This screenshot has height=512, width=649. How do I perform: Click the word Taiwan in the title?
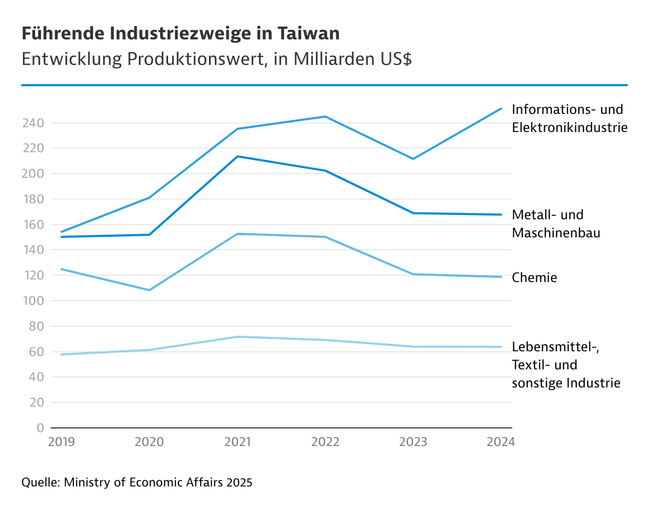309,34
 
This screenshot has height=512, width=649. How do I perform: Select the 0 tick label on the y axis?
40,428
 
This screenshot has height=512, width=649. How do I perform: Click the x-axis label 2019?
62,442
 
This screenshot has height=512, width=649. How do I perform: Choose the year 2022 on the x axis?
325,442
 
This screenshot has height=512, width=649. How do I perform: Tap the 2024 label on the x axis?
501,442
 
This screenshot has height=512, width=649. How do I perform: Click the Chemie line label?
534,277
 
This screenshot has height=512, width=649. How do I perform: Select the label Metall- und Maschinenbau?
555,224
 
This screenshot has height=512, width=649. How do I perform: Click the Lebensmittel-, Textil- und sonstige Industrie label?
565,365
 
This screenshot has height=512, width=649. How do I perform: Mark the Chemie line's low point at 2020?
149,290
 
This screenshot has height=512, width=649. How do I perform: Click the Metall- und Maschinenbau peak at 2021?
237,156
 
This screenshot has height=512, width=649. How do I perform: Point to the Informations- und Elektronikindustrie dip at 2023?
413,159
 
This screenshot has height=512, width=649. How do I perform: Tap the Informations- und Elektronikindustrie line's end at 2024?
501,109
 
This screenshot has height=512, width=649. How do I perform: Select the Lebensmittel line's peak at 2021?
237,337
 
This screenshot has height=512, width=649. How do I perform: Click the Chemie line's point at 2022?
325,237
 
